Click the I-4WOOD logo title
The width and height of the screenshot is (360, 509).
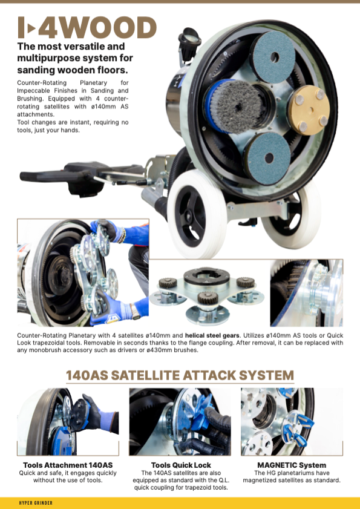click(87, 27)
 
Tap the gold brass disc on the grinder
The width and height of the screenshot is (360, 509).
click(309, 110)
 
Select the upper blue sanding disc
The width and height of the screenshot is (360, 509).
click(273, 57)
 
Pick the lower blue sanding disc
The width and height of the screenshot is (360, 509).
click(267, 158)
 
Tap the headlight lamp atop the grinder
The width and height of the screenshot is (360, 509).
click(189, 43)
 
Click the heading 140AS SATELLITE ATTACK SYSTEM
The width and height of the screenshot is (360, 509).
click(180, 375)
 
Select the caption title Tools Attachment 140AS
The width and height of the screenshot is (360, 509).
click(68, 465)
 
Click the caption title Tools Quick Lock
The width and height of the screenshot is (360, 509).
click(181, 465)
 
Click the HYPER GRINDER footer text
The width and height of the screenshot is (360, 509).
click(36, 503)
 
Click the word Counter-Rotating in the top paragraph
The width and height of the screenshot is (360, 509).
click(42, 83)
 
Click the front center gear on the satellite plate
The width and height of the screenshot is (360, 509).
click(207, 298)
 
